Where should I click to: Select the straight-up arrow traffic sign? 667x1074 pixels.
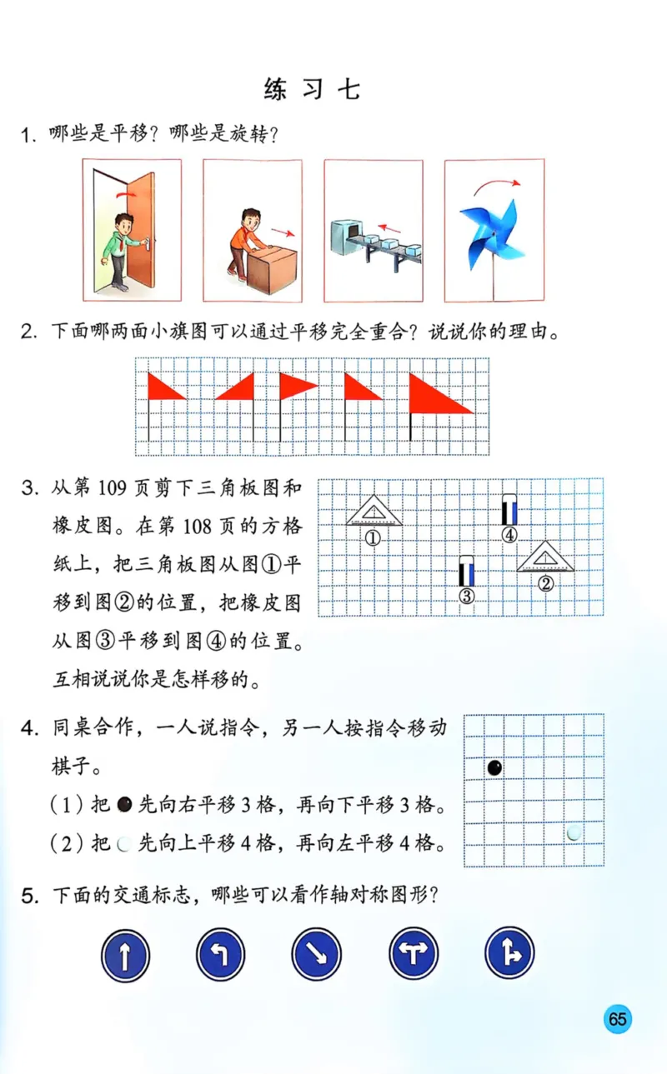(x=125, y=954)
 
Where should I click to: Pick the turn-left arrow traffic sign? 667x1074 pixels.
(x=221, y=954)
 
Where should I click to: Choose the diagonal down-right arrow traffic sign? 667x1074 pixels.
(x=318, y=954)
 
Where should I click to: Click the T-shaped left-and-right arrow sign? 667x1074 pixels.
(x=414, y=954)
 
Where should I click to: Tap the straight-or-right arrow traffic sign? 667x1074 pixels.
(x=509, y=954)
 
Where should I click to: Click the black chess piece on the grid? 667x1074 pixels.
(x=494, y=767)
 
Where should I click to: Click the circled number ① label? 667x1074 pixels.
(x=373, y=537)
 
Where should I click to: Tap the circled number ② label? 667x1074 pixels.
(x=545, y=583)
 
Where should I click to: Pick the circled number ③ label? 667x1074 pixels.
(x=467, y=595)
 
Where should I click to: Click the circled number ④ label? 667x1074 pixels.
(x=509, y=535)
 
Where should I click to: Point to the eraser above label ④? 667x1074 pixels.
(x=509, y=510)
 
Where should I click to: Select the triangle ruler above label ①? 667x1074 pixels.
(x=374, y=511)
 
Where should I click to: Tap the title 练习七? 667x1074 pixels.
(x=312, y=89)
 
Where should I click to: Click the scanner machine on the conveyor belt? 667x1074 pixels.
(x=346, y=234)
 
